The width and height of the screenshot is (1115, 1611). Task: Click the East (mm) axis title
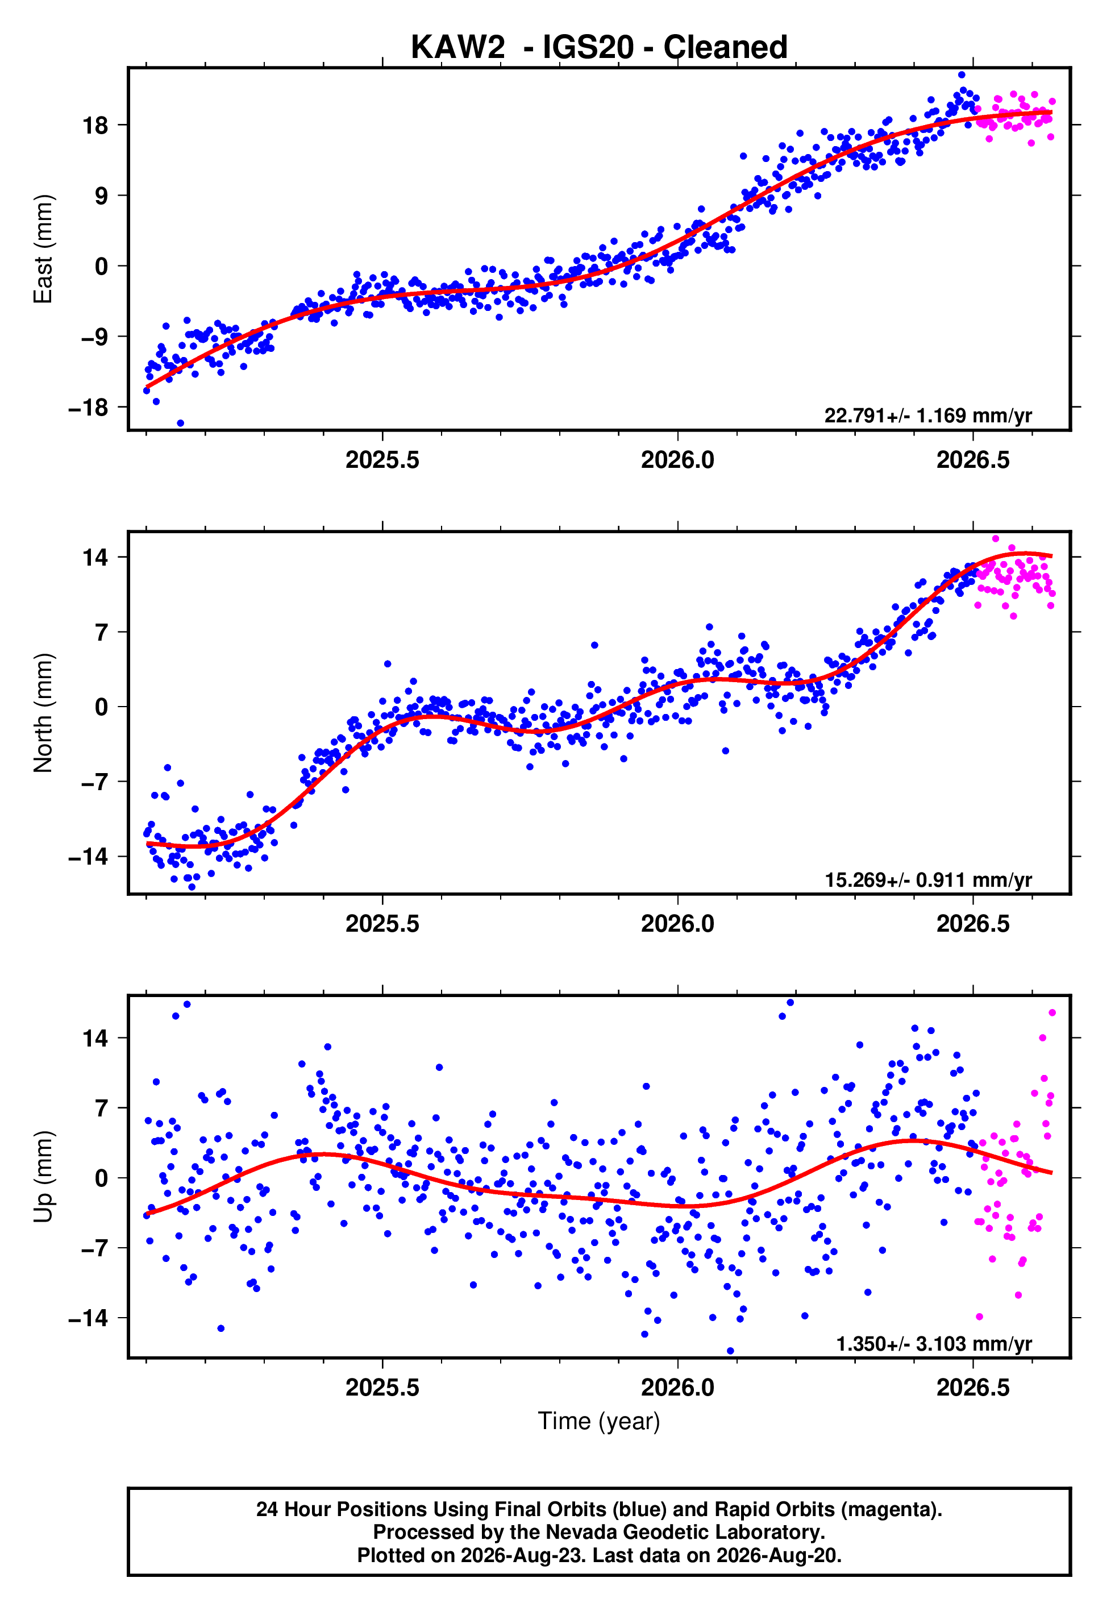(43, 249)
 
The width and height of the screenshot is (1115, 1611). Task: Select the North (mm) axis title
(43, 713)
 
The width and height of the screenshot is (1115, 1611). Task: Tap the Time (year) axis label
(599, 1422)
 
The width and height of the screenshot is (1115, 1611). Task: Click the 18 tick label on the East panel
(95, 126)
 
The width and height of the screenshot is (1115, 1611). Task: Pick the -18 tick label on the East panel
(88, 407)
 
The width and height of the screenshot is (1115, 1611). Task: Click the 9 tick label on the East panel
(102, 196)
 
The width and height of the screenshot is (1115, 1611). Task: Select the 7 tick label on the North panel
(102, 632)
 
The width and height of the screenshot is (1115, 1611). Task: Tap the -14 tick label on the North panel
(88, 857)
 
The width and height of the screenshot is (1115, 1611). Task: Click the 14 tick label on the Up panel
(95, 1038)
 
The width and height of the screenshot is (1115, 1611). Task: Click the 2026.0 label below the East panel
(677, 460)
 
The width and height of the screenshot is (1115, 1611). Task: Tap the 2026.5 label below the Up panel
(973, 1388)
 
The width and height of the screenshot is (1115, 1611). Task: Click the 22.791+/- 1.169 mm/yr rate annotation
(928, 416)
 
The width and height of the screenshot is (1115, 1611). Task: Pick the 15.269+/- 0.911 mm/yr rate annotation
(928, 879)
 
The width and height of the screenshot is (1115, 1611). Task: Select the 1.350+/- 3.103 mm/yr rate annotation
(934, 1343)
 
